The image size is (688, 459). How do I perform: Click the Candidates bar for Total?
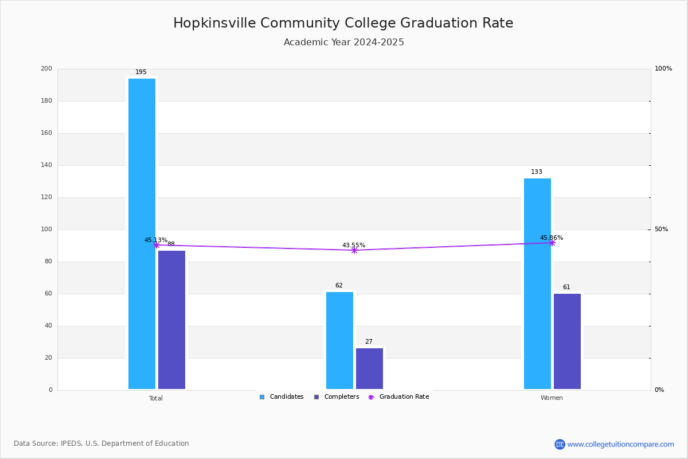pyautogui.click(x=142, y=234)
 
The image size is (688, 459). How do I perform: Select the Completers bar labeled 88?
pyautogui.click(x=171, y=320)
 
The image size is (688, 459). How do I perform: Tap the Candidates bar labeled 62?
pyautogui.click(x=339, y=340)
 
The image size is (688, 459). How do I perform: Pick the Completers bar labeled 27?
pyautogui.click(x=369, y=368)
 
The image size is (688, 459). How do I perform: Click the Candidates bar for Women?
pyautogui.click(x=538, y=283)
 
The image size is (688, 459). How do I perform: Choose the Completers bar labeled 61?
pyautogui.click(x=567, y=341)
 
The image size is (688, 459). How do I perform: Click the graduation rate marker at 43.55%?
pyautogui.click(x=354, y=251)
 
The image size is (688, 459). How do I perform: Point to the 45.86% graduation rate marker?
pyautogui.click(x=552, y=243)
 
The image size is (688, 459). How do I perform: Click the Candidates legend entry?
pyautogui.click(x=282, y=397)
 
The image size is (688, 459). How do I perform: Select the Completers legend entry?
pyautogui.click(x=337, y=397)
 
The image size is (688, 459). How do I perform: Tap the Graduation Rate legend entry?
pyautogui.click(x=398, y=397)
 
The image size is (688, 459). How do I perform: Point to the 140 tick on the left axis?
pyautogui.click(x=46, y=165)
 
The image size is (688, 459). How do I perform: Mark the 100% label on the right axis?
pyautogui.click(x=663, y=68)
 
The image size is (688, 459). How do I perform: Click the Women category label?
pyautogui.click(x=552, y=398)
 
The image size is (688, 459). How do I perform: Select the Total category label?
pyautogui.click(x=156, y=398)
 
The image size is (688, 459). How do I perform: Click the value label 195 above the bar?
pyautogui.click(x=141, y=72)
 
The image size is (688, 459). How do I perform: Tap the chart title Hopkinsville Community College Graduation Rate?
pyautogui.click(x=343, y=23)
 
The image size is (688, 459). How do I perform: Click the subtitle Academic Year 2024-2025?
pyautogui.click(x=343, y=42)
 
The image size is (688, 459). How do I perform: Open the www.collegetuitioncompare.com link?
pyautogui.click(x=614, y=444)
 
